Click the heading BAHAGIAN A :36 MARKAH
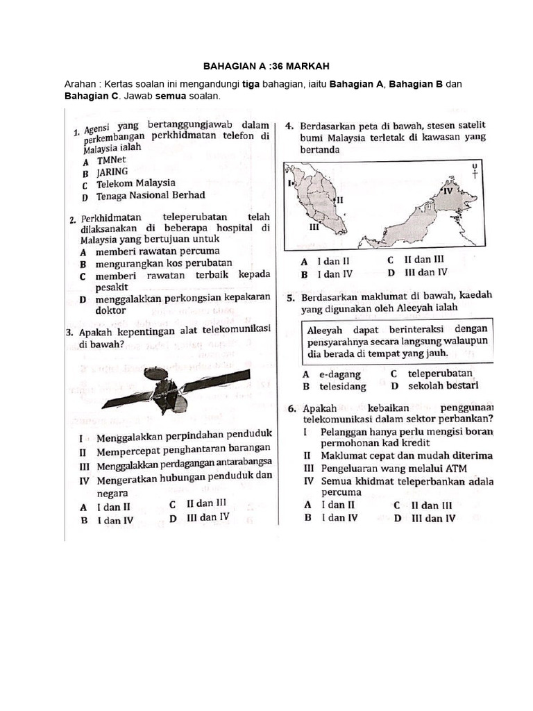[x=266, y=66]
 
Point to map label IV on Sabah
[x=447, y=190]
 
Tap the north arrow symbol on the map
[x=475, y=171]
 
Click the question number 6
[x=292, y=408]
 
